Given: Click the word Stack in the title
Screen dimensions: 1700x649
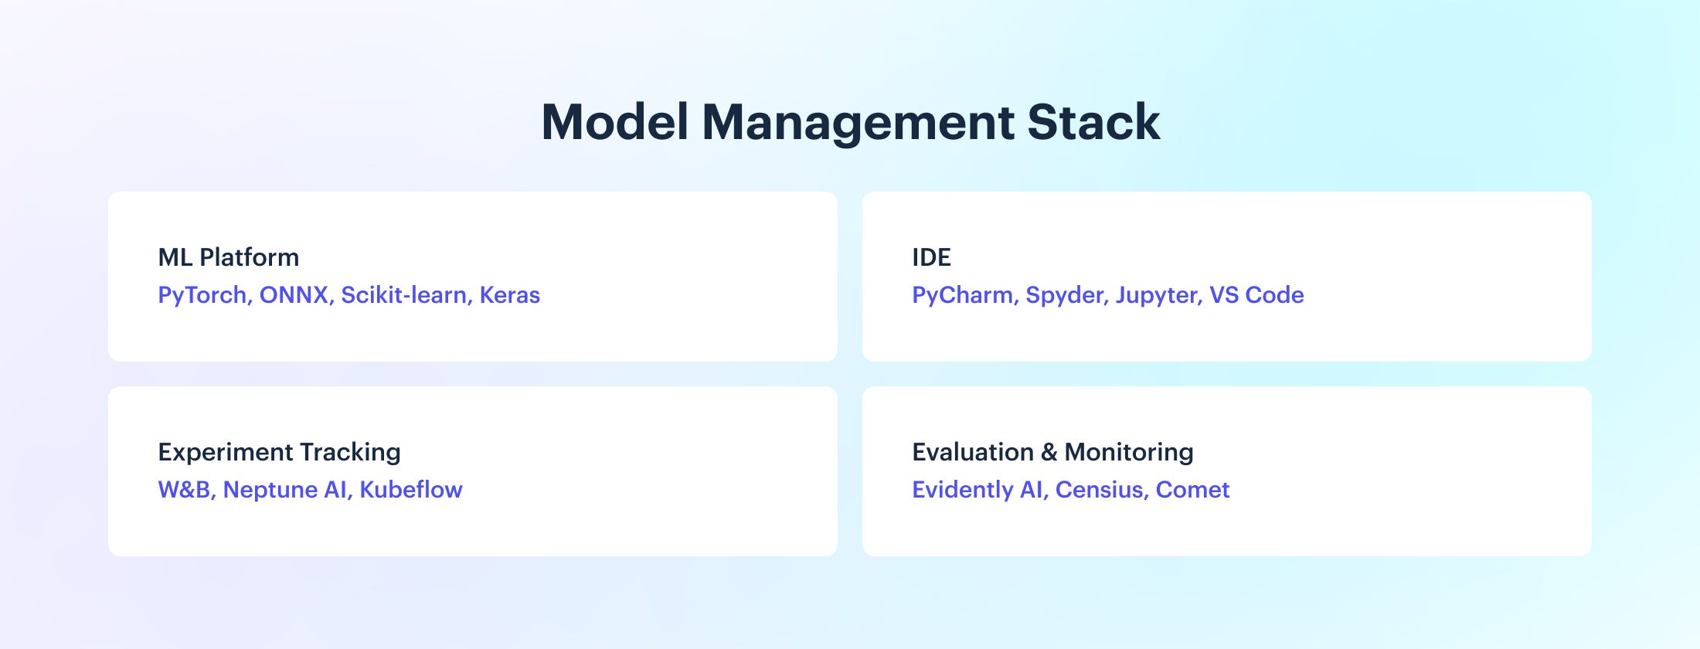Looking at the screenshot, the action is pyautogui.click(x=1093, y=122).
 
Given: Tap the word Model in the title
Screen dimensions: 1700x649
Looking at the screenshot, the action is pyautogui.click(x=615, y=122).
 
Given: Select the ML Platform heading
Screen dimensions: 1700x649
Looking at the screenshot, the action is pyautogui.click(x=229, y=257).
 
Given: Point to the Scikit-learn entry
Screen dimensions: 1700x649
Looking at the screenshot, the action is pyautogui.click(x=406, y=295).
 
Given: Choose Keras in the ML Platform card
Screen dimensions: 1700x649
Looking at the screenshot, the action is pyautogui.click(x=510, y=295).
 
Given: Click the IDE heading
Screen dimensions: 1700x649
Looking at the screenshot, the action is pyautogui.click(x=931, y=257).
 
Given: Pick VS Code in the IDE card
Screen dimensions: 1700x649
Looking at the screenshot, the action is pyautogui.click(x=1257, y=295).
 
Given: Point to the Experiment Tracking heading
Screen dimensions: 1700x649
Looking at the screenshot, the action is pyautogui.click(x=280, y=453).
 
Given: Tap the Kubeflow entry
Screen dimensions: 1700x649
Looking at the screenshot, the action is pyautogui.click(x=411, y=490).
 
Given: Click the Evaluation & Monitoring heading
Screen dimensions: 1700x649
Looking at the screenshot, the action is pyautogui.click(x=1053, y=453).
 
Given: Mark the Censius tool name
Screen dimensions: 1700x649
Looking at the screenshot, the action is pyautogui.click(x=1102, y=491).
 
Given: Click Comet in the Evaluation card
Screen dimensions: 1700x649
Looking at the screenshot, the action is pyautogui.click(x=1192, y=491).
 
